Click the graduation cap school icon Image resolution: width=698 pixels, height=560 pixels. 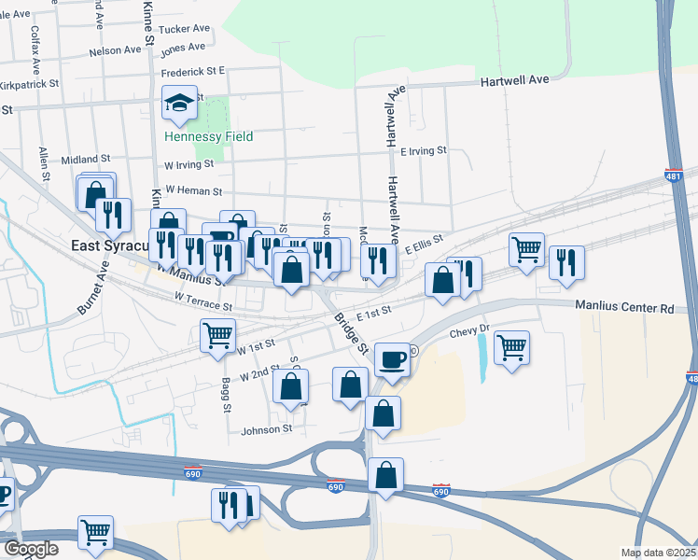click(179, 103)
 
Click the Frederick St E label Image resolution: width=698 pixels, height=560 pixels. click(194, 70)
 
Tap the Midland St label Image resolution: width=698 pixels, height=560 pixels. click(86, 160)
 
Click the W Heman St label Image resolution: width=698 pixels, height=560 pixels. click(192, 190)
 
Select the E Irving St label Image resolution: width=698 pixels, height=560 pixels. click(424, 150)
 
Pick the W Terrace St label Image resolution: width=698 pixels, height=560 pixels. click(202, 301)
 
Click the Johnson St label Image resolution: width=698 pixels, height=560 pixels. click(267, 430)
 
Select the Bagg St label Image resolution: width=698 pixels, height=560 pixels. click(226, 395)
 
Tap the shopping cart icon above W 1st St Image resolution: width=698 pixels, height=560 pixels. click(217, 334)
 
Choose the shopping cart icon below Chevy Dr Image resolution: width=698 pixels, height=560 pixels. click(511, 347)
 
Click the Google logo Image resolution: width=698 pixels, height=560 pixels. click(31, 549)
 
